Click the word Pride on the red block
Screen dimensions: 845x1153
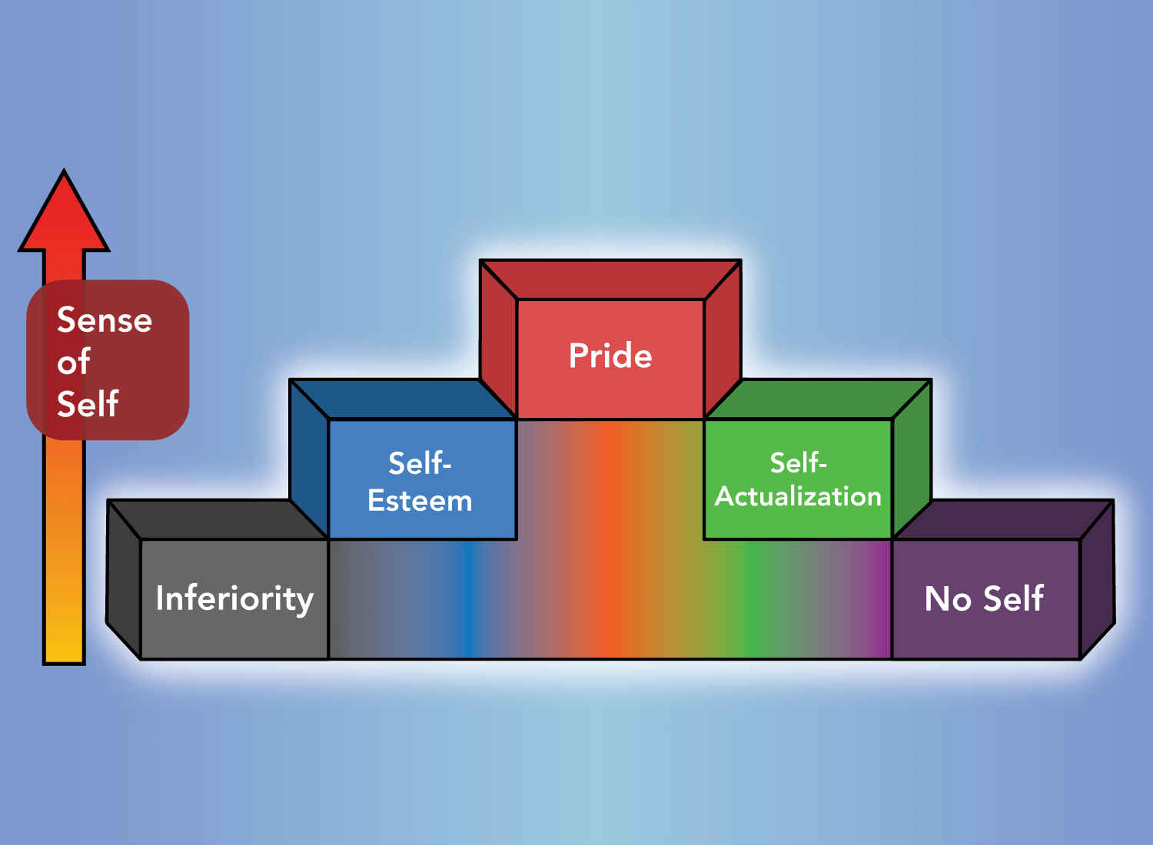(x=610, y=356)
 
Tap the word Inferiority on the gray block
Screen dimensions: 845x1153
(x=234, y=598)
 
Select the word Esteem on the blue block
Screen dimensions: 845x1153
(x=420, y=501)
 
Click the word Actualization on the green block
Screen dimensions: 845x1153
(x=798, y=497)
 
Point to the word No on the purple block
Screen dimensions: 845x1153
(x=949, y=599)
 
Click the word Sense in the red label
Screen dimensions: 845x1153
(x=105, y=320)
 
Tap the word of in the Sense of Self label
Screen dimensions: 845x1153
(x=74, y=362)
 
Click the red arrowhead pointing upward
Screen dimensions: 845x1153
(x=64, y=219)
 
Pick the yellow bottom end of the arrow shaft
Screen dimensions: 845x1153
(x=64, y=645)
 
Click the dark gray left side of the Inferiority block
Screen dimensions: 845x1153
(x=123, y=580)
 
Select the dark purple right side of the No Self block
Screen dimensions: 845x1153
(x=1098, y=580)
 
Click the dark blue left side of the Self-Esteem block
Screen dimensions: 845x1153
(x=309, y=459)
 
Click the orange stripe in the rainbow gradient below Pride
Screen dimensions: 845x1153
(x=607, y=538)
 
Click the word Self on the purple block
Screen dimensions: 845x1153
(x=1013, y=599)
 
